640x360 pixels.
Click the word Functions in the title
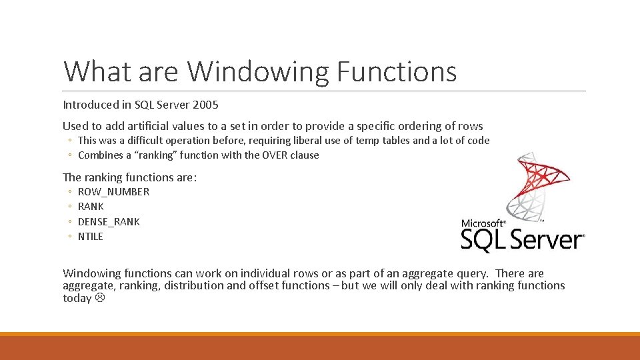(x=397, y=71)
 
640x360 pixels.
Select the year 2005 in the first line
(x=205, y=105)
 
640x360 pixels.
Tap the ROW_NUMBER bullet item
(x=113, y=192)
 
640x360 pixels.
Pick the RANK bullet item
(x=91, y=207)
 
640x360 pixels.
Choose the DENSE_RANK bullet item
(x=109, y=221)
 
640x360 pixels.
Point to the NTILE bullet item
(x=91, y=236)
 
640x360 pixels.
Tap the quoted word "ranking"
(x=150, y=155)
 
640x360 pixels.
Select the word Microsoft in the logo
(x=482, y=223)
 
